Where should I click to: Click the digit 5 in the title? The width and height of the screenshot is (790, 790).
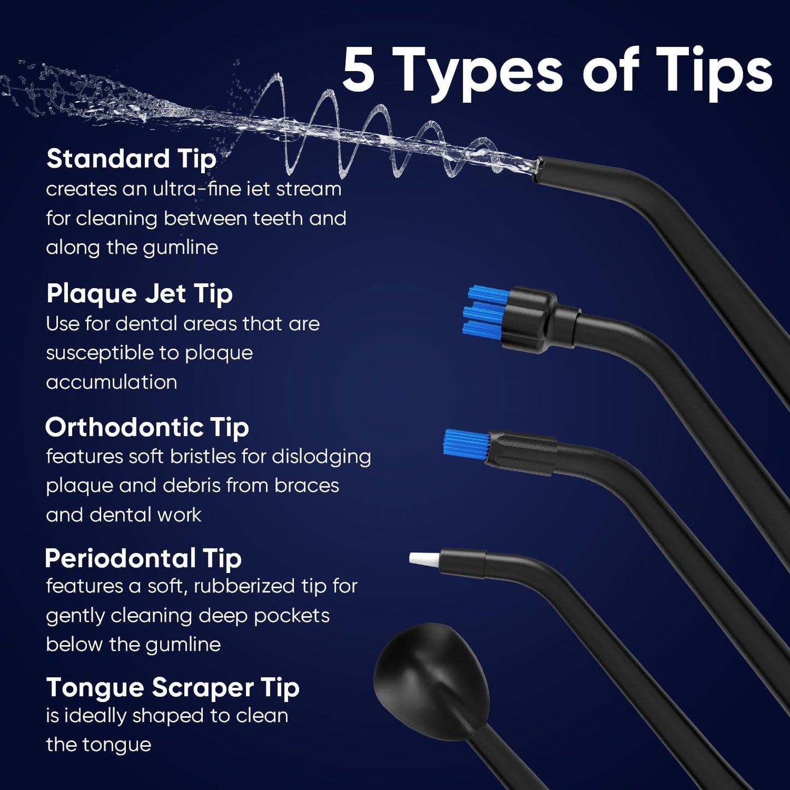click(359, 71)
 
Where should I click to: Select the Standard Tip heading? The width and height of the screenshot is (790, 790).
click(131, 159)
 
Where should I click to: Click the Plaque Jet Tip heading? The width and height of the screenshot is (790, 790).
click(139, 294)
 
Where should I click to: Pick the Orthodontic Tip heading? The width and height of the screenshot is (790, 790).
click(147, 427)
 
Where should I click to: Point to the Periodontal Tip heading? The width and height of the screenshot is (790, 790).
click(143, 558)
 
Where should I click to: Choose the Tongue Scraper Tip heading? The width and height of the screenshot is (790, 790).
click(173, 687)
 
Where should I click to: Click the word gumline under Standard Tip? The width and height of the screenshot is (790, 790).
click(180, 248)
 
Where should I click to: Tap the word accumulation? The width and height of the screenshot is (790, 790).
click(112, 382)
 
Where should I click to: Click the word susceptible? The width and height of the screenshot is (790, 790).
click(112, 353)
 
